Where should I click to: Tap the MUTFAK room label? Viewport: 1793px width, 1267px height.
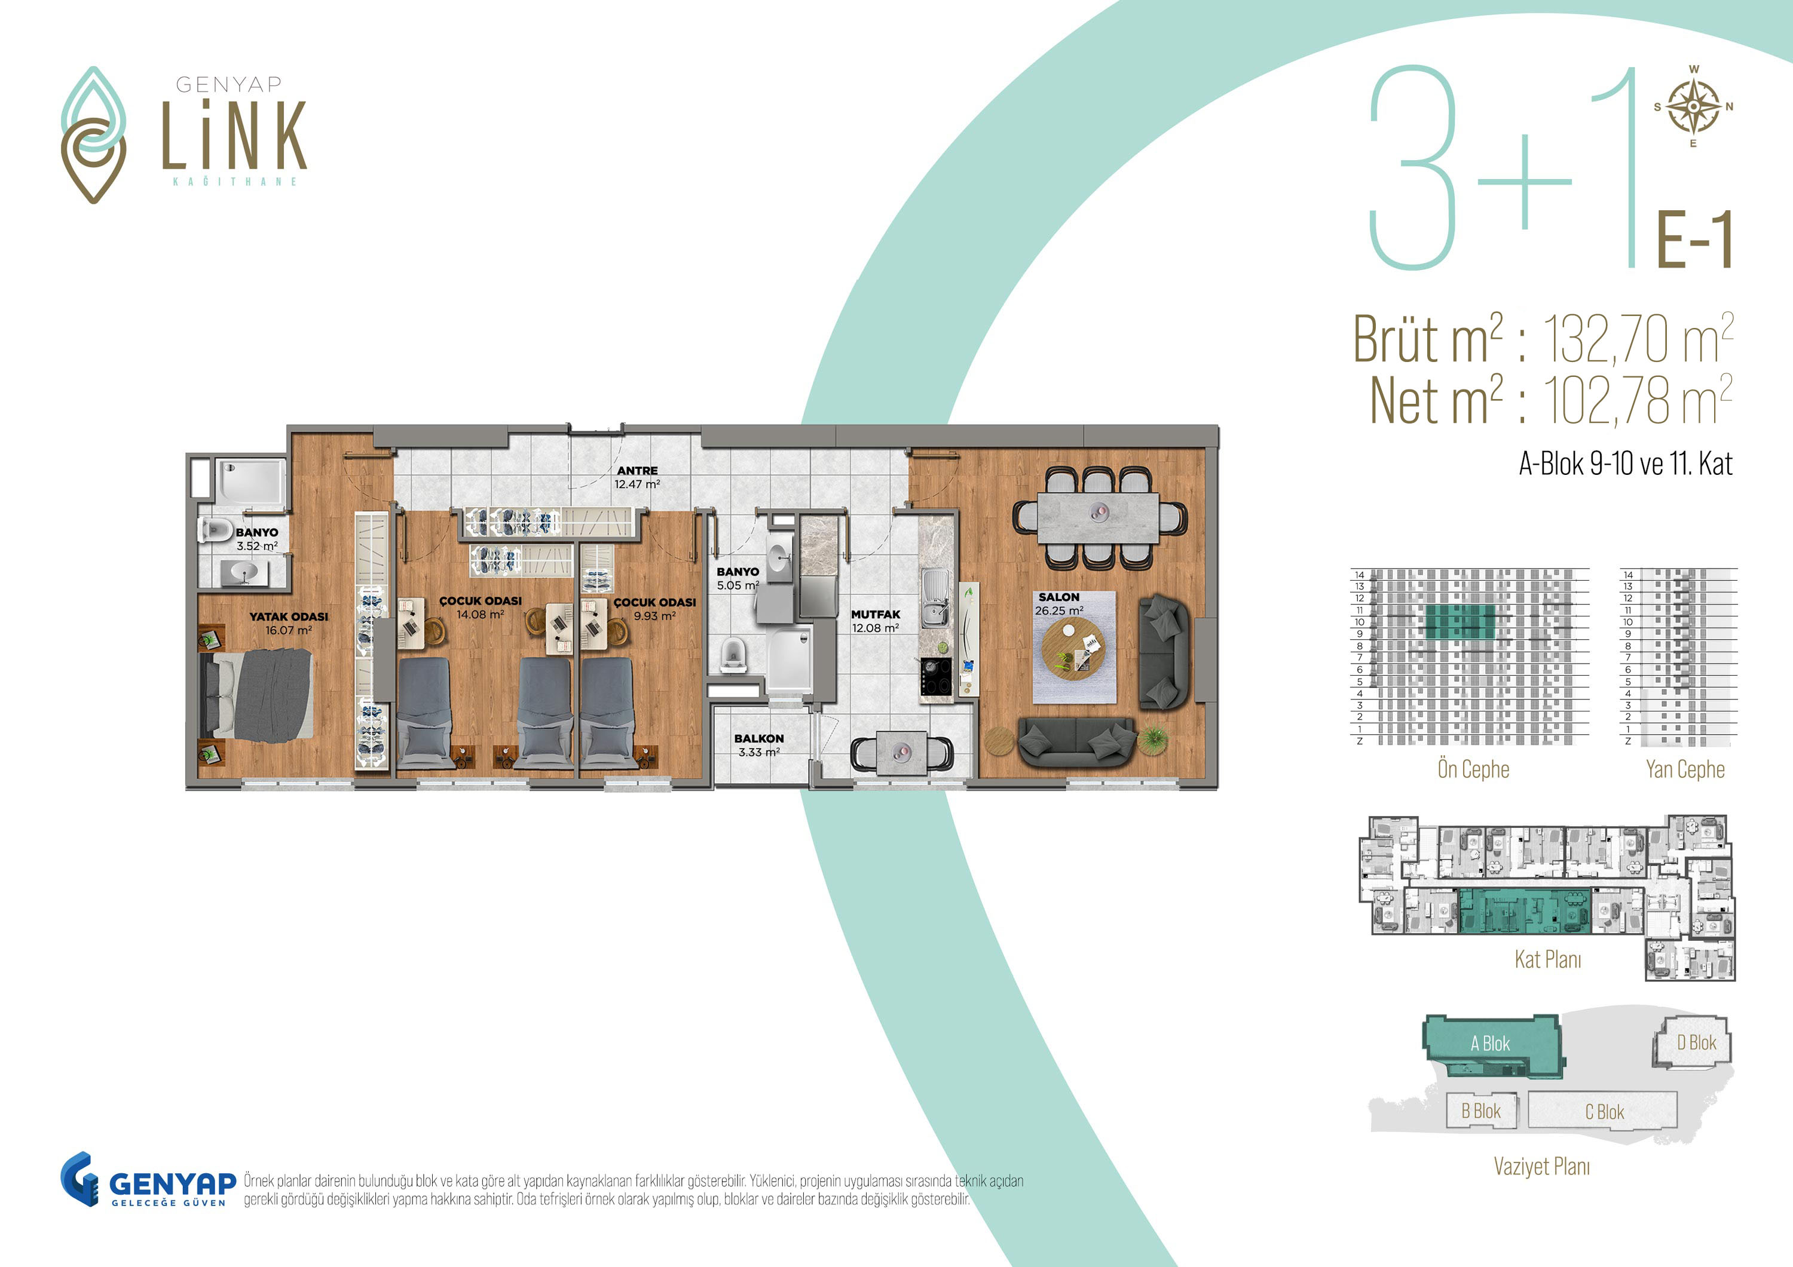[876, 614]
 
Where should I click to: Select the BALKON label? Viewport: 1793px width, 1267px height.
[758, 738]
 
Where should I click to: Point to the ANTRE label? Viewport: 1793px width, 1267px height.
[637, 471]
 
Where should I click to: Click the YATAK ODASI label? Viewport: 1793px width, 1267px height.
[289, 616]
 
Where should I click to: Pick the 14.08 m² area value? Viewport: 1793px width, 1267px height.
[481, 614]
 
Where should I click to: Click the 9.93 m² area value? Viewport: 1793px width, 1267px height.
[654, 616]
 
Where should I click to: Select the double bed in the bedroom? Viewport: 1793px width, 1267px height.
[258, 695]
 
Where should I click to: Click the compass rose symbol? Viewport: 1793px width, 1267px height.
[1693, 106]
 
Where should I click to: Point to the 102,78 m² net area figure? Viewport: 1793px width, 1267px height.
[1638, 400]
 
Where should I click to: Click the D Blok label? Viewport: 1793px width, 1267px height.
[1697, 1042]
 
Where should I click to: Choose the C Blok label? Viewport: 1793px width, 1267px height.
[1605, 1112]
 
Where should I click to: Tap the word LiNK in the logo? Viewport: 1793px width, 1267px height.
[234, 134]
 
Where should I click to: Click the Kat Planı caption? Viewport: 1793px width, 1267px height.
[1548, 959]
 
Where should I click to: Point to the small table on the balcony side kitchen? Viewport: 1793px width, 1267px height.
[901, 753]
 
